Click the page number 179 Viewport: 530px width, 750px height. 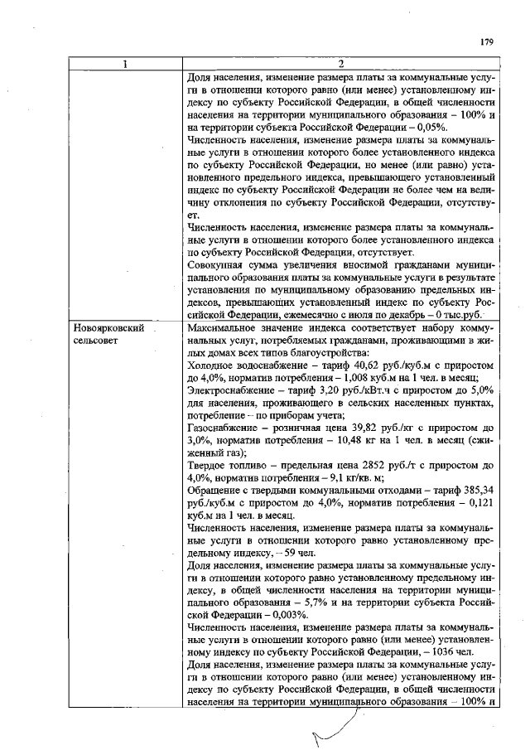click(486, 42)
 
